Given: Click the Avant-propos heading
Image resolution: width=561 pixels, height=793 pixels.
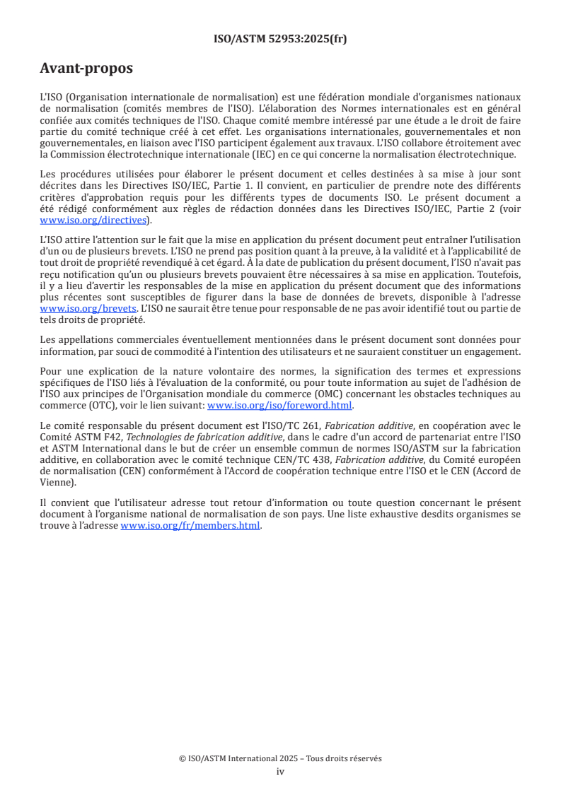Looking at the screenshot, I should coord(86,69).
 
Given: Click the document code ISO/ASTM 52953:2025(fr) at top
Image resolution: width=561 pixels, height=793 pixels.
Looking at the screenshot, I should coord(280,39).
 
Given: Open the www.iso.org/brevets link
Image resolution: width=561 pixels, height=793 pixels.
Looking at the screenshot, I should coord(88,308).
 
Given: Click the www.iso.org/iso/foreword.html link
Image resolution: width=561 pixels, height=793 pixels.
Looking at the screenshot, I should coord(279,405).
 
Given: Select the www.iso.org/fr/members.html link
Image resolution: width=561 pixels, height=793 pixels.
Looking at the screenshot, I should coord(190,526).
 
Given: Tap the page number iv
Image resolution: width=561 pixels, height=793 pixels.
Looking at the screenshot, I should coord(280,771).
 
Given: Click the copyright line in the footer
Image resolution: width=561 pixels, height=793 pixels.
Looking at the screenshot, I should coord(280,758).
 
